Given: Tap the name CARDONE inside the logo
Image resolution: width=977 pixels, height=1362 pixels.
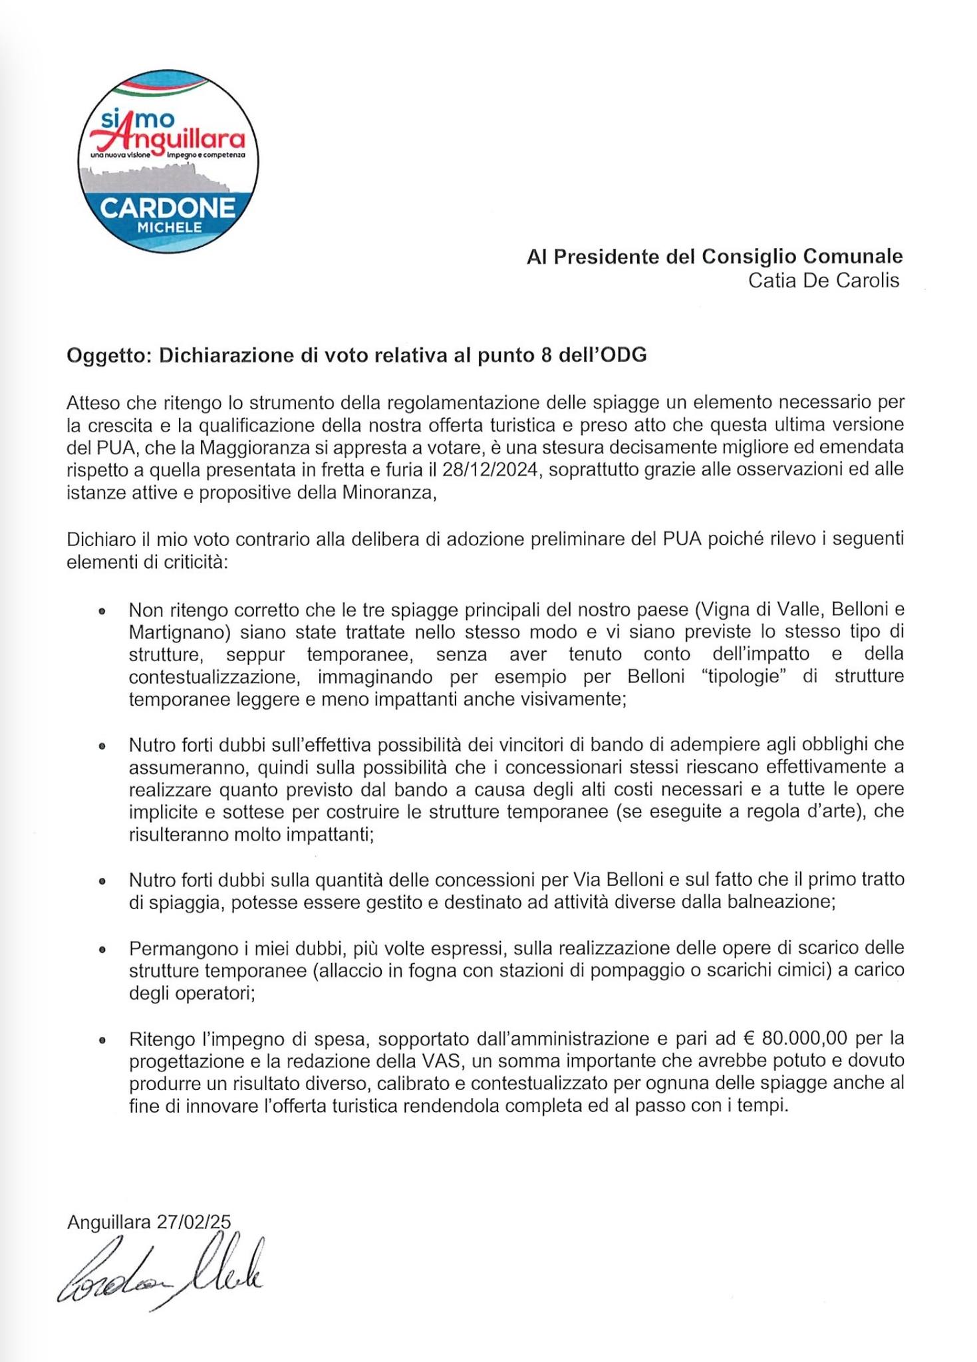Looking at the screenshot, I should click(168, 209).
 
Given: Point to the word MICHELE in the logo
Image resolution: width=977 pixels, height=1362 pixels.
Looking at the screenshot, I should click(169, 227).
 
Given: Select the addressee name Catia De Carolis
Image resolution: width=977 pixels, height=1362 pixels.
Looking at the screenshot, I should click(823, 281).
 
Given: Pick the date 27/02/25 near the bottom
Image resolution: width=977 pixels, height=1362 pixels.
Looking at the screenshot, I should click(194, 1222).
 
